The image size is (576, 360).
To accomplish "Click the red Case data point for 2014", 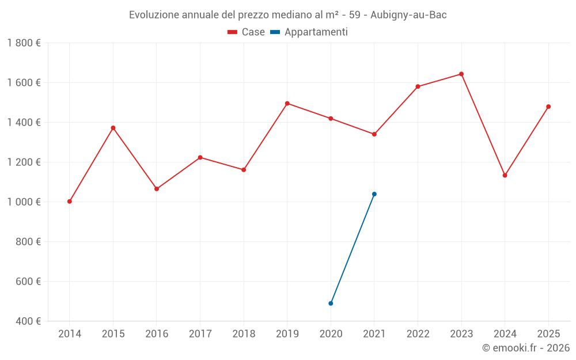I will (x=70, y=202).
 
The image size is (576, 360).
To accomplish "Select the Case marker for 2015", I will (x=113, y=128).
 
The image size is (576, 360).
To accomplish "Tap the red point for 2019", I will (x=287, y=104).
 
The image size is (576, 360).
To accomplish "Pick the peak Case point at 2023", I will (x=461, y=74).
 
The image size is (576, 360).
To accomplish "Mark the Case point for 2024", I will (x=505, y=175).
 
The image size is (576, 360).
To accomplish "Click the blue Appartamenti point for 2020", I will (x=331, y=304).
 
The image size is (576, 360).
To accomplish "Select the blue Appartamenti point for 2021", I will (x=374, y=194).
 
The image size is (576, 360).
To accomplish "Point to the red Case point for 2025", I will (x=548, y=107).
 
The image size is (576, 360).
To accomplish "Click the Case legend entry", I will (x=247, y=32).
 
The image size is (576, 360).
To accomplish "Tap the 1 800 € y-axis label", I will (x=24, y=43).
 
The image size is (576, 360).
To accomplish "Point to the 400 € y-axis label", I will (x=28, y=321).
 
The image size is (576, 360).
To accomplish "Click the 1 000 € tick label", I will (x=24, y=202).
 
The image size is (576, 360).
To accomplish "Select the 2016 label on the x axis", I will (x=157, y=334).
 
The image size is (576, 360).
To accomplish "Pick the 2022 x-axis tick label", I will (x=418, y=334).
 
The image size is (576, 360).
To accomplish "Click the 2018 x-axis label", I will (x=244, y=334).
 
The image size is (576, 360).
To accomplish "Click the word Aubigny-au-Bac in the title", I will (x=409, y=15).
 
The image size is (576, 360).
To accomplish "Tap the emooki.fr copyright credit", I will (x=526, y=348).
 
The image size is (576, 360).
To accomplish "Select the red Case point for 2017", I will (x=200, y=157).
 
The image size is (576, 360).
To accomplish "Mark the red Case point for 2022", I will (x=418, y=86).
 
